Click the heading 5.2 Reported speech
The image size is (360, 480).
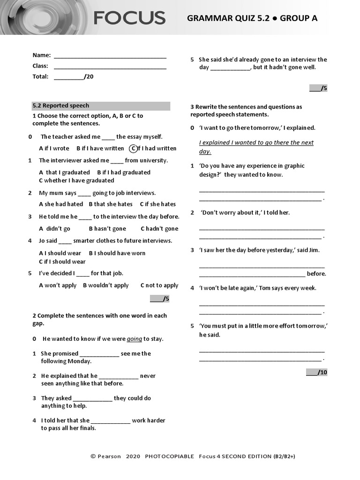coord(60,105)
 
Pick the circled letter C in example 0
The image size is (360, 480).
coord(133,149)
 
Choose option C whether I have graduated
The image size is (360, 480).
coord(76,180)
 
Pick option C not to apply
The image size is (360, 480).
coord(159,285)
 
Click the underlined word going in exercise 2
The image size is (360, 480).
coord(134,339)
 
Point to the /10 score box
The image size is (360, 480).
coord(317,372)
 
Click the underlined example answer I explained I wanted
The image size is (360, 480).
coord(256,147)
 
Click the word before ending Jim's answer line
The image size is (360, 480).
coord(316,274)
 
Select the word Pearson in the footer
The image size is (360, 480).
coord(109,456)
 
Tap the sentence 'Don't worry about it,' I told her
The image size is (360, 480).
coord(245,212)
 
